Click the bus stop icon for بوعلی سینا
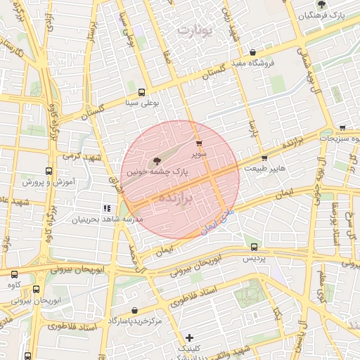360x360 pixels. pos(142,92)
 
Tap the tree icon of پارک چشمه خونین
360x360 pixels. pos(156,160)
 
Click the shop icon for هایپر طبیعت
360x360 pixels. pos(264,158)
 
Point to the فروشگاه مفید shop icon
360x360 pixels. pos(252,52)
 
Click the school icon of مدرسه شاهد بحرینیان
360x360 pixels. pos(107,208)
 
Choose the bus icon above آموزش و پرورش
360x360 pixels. pos(49,171)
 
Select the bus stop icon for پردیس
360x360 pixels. pos(254,247)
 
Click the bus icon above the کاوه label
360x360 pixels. pos(13,274)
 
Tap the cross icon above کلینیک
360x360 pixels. pos(188,337)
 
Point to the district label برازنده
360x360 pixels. pos(176,195)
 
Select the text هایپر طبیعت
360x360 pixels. pos(266,169)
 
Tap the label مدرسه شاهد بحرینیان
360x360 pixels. pos(107,219)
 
